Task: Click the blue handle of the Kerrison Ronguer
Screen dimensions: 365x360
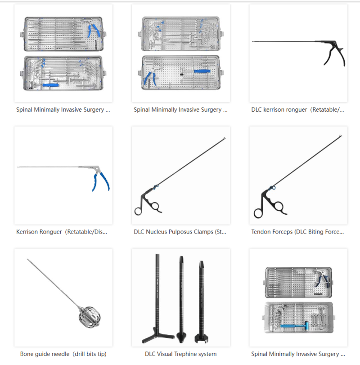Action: pyautogui.click(x=97, y=182)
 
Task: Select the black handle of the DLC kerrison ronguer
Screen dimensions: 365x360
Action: pyautogui.click(x=335, y=54)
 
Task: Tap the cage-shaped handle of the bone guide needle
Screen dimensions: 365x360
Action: pyautogui.click(x=83, y=317)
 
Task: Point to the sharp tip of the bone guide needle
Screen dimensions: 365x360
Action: pyautogui.click(x=28, y=260)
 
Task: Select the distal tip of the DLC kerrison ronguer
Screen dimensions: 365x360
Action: pyautogui.click(x=253, y=42)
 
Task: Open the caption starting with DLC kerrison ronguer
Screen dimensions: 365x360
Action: pyautogui.click(x=297, y=110)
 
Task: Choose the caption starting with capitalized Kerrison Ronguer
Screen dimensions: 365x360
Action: pyautogui.click(x=62, y=232)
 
